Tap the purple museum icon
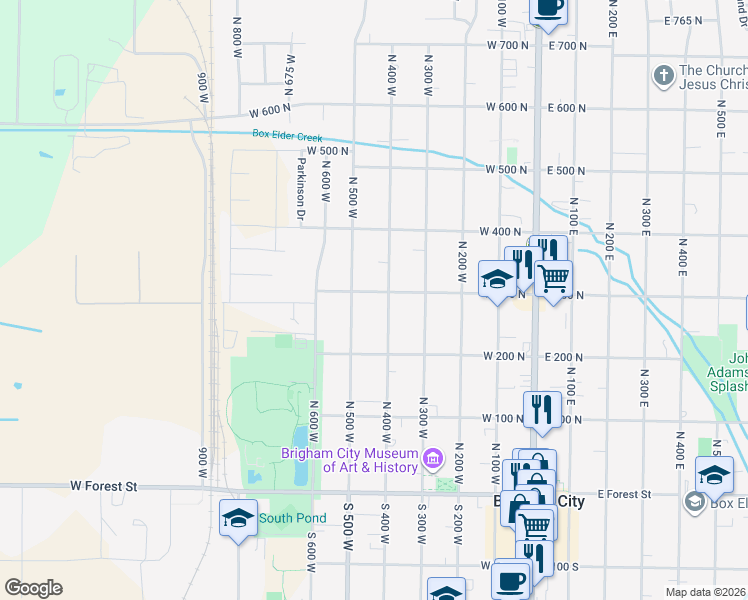[x=432, y=461]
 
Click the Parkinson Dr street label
[x=300, y=188]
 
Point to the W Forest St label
[x=103, y=486]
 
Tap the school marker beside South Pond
[x=237, y=518]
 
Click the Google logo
[x=33, y=588]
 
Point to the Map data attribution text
[x=706, y=592]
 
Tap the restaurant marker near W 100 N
[x=542, y=409]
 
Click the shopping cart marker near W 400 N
[x=553, y=278]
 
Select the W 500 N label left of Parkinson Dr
[x=327, y=151]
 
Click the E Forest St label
[x=624, y=494]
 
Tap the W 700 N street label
[x=507, y=46]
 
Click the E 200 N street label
[x=564, y=357]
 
